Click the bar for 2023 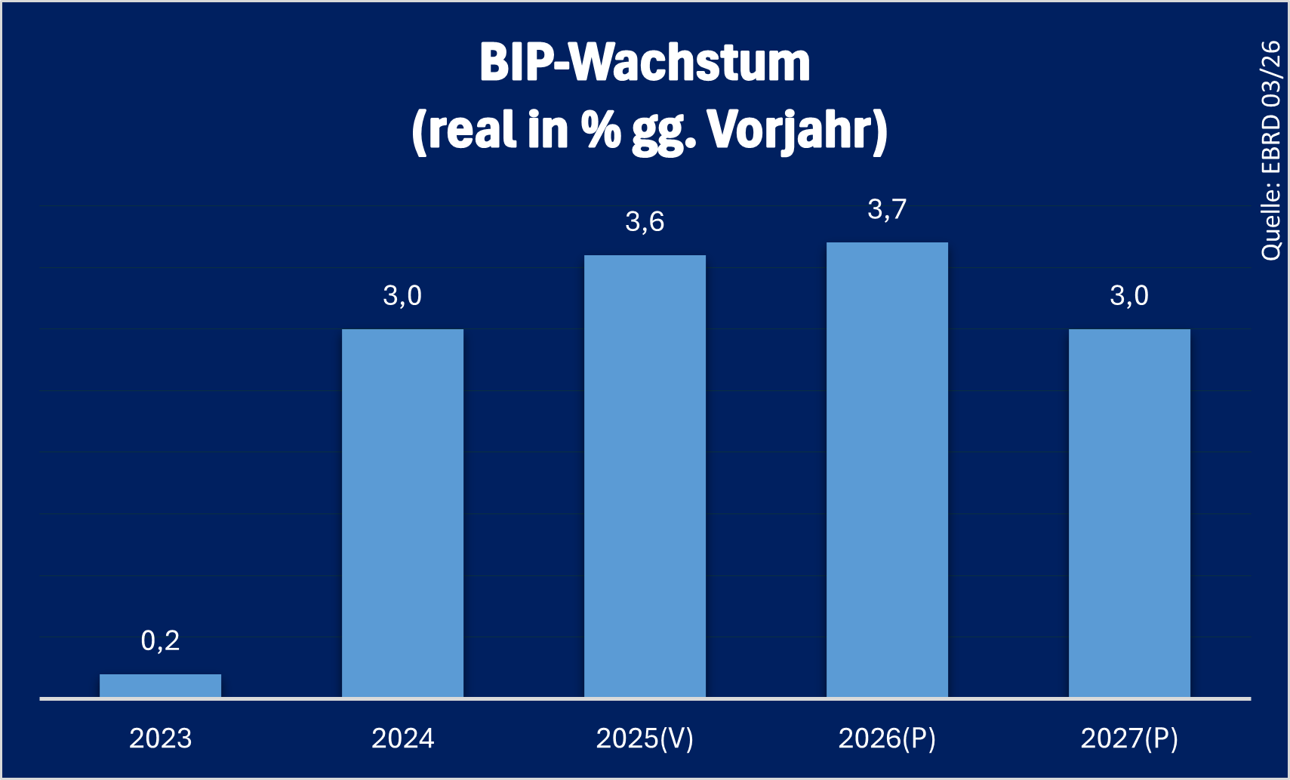tap(160, 686)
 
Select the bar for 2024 tap(402, 513)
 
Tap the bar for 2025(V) tap(645, 476)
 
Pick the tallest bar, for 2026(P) tap(887, 470)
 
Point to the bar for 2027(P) tap(1129, 513)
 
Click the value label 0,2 tap(160, 641)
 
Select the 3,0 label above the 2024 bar tap(402, 296)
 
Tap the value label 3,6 tap(645, 222)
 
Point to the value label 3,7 tap(887, 210)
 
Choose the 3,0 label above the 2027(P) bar tap(1129, 296)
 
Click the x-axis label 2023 tap(160, 738)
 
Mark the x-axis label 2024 tap(402, 738)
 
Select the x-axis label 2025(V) tap(645, 738)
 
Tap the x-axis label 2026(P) tap(887, 738)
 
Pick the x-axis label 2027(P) tap(1129, 738)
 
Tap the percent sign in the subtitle tap(601, 130)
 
